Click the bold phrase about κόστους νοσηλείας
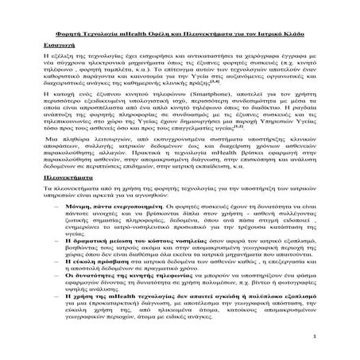click(x=151, y=261)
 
